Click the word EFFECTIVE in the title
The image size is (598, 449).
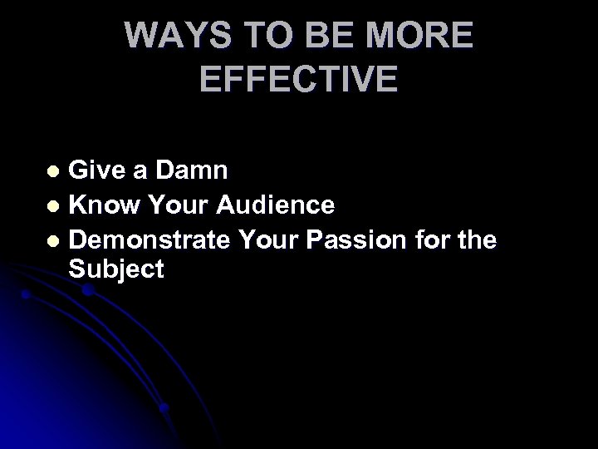point(299,80)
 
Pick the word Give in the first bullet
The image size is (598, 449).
point(98,170)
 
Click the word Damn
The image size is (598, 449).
point(197,170)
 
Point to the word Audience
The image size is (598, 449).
point(275,205)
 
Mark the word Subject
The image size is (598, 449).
point(117,269)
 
